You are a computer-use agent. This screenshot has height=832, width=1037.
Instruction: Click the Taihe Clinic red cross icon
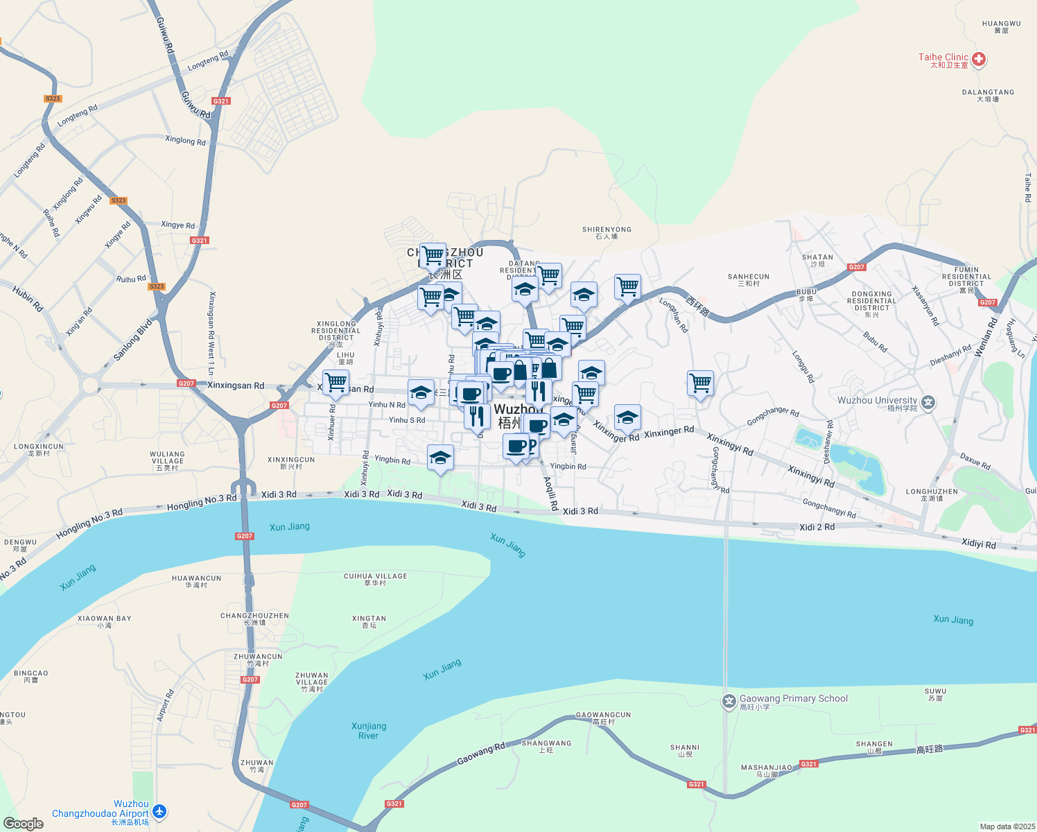point(979,60)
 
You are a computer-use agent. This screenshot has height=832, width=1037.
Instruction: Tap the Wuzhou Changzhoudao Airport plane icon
point(159,811)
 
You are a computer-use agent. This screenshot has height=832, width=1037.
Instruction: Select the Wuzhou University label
point(877,400)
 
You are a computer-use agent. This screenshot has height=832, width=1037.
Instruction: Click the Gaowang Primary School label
point(793,699)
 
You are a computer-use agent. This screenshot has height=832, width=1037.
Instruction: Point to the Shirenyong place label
point(607,229)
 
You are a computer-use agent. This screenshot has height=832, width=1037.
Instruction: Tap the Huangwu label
point(1001,24)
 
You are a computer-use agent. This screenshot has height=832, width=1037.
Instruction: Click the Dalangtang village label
point(988,92)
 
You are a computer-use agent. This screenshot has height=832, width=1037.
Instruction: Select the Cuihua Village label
point(375,576)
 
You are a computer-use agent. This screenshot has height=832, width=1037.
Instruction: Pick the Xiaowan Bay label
point(104,618)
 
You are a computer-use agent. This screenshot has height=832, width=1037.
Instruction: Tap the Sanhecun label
point(749,277)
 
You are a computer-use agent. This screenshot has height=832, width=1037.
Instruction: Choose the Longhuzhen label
point(932,492)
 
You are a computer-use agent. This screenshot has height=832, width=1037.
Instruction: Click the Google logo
point(24,824)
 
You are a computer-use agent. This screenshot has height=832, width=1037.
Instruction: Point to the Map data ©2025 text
point(1007,826)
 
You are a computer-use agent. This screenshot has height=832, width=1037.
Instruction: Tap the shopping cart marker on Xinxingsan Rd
point(335,382)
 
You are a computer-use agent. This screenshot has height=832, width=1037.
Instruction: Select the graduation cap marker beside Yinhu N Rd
point(421,393)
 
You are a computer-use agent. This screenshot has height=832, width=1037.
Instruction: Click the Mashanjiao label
point(766,768)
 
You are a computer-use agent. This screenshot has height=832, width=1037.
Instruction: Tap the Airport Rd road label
point(165,705)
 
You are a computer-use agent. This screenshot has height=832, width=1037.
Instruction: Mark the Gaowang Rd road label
point(480,754)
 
